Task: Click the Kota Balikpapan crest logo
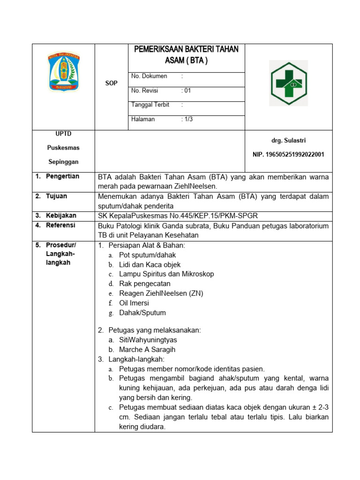63,71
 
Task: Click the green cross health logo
288,83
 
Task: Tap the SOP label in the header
111,82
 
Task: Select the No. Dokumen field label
149,76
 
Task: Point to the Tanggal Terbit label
150,105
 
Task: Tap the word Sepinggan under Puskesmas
63,162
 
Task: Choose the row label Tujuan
56,196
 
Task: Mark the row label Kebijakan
61,216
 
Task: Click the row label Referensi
61,225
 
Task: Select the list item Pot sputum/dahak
147,255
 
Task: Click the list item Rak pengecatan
144,284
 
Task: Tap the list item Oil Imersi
134,303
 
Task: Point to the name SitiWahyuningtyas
148,340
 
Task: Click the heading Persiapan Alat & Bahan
146,245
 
